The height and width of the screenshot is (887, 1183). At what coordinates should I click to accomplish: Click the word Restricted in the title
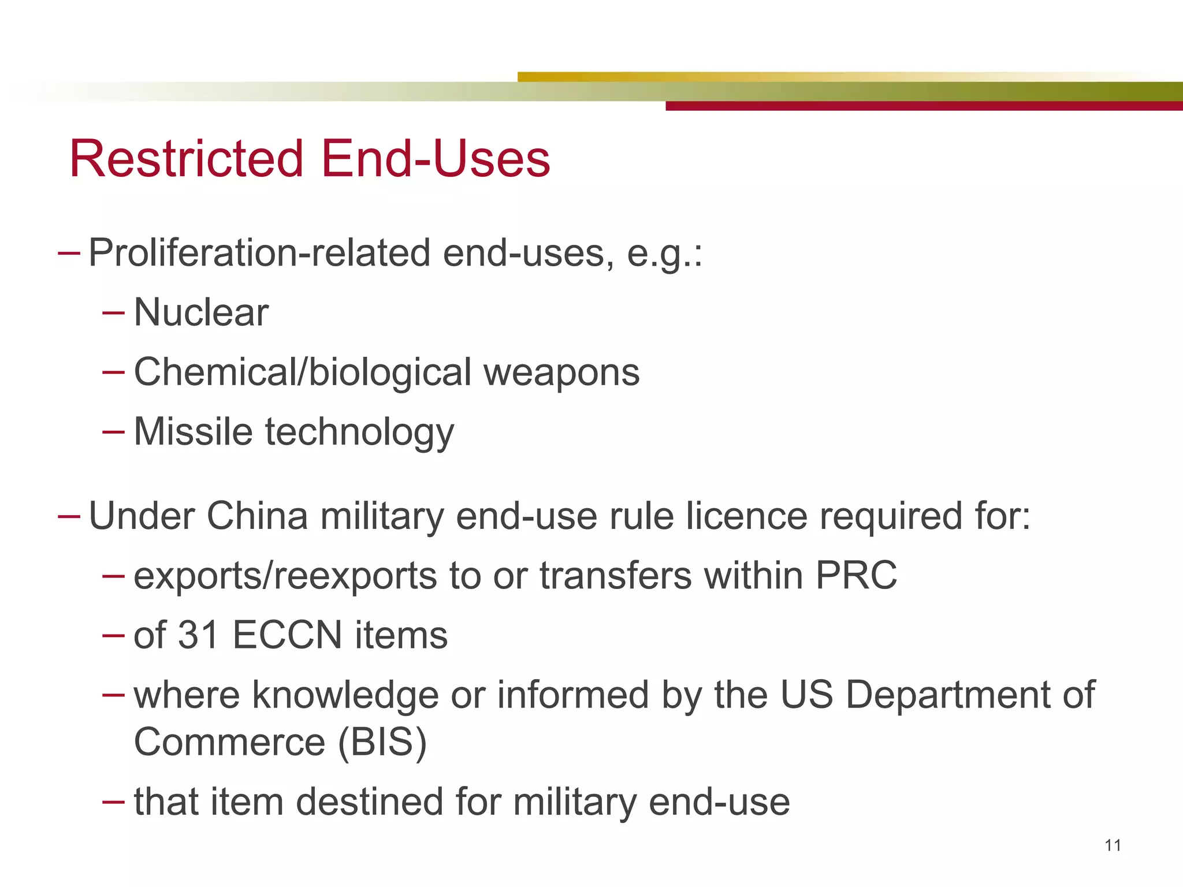(x=186, y=159)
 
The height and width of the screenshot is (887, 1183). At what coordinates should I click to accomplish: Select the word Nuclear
(x=201, y=312)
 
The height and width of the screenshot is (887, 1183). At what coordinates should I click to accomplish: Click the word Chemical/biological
(x=303, y=372)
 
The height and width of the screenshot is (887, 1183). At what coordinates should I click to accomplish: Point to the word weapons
(x=561, y=372)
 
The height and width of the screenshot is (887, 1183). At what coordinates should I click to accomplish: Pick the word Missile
(x=193, y=431)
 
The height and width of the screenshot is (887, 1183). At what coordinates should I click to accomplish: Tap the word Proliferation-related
(x=259, y=253)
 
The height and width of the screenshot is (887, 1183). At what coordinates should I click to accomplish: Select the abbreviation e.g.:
(x=664, y=254)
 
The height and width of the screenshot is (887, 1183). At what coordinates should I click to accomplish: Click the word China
(x=257, y=515)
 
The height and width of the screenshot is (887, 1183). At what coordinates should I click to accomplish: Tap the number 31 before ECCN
(x=198, y=635)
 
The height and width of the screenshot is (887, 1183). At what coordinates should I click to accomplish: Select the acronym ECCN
(x=287, y=635)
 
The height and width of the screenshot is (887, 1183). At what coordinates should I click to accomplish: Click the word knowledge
(x=345, y=695)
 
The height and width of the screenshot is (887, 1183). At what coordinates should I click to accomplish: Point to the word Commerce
(x=229, y=742)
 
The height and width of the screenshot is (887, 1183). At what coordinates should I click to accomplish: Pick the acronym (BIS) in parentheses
(x=382, y=743)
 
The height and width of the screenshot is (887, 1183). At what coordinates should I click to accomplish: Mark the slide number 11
(x=1113, y=845)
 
